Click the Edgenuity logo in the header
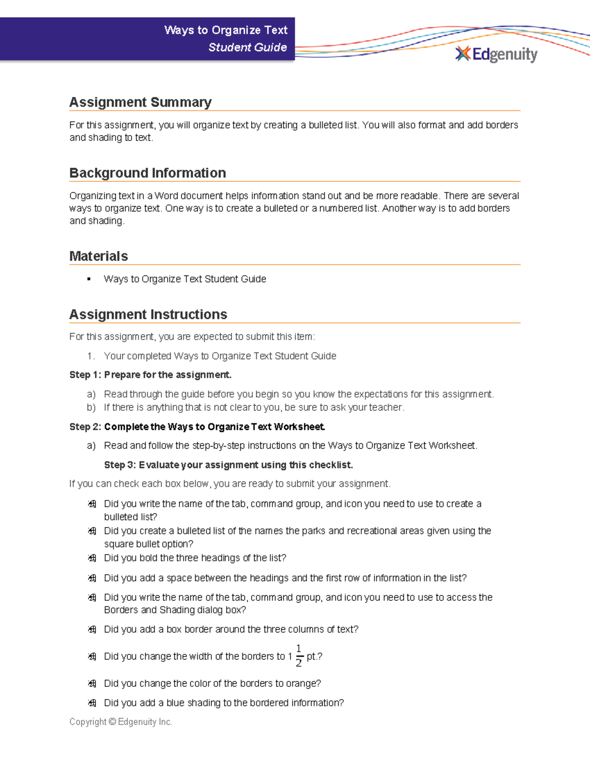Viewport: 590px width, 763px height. pos(497,54)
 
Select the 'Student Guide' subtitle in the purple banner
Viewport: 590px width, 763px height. pos(247,47)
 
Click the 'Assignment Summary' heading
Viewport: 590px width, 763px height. pos(140,102)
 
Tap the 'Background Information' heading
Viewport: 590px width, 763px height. pos(147,173)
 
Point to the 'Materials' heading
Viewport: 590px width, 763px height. pos(98,256)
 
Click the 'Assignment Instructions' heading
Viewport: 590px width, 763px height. pos(148,314)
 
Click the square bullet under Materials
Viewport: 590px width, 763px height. pos(89,279)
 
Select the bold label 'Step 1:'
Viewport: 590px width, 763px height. pos(85,375)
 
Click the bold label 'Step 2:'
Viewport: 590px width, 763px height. pos(85,427)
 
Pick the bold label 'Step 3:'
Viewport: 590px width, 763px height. pos(119,465)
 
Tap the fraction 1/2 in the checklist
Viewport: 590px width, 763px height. pos(298,656)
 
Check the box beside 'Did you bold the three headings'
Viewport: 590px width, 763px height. pos(92,558)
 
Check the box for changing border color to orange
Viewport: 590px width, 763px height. pos(92,683)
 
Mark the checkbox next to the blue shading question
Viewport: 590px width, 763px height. pos(92,703)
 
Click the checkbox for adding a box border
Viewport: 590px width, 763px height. pos(92,629)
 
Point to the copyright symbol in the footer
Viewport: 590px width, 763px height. pos(112,722)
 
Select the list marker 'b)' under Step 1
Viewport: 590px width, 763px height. pos(91,407)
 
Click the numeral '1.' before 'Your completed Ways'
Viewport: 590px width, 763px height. pos(90,356)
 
